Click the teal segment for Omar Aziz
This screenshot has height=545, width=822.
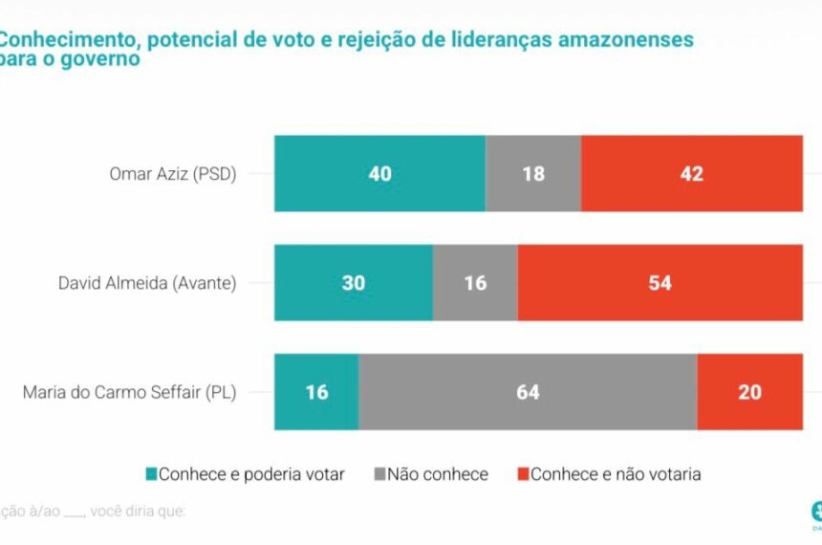coord(379,173)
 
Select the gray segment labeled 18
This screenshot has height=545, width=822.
coord(533,173)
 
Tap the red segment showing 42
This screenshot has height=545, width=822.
coord(691,173)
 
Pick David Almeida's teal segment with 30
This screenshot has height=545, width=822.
coord(354,282)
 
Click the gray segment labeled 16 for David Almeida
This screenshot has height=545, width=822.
coord(475,282)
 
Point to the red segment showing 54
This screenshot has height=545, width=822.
coord(660,282)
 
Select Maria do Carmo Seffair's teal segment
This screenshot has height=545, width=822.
coord(316,392)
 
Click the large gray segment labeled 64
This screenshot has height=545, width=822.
coord(528,392)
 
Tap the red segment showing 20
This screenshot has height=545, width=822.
coord(749,392)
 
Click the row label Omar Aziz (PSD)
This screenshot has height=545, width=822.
coord(173,174)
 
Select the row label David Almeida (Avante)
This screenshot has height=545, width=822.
coord(147,283)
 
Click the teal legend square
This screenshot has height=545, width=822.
coord(150,474)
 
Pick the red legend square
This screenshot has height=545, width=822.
coord(522,474)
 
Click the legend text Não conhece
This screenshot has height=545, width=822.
coord(438,474)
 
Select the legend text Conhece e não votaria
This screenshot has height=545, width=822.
coord(616,474)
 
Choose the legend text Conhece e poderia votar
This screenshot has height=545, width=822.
coord(251,474)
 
